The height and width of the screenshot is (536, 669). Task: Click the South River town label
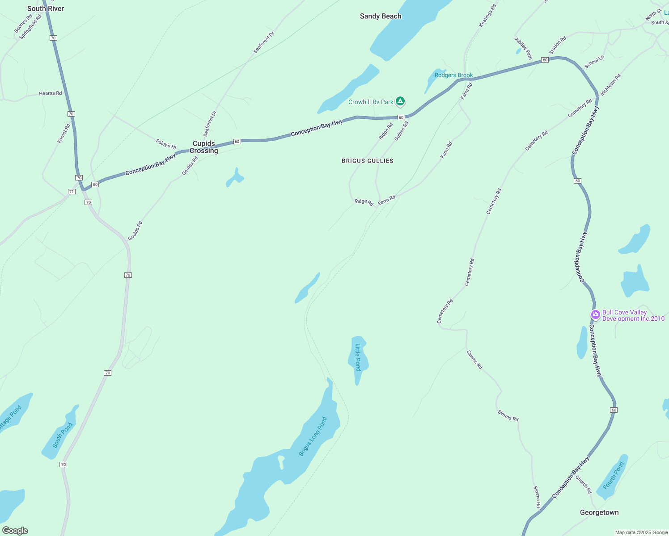click(x=46, y=8)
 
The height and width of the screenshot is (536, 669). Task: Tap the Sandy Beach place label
click(x=381, y=16)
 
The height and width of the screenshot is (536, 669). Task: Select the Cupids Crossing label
click(x=205, y=147)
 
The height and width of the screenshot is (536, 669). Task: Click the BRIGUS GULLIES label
click(x=368, y=161)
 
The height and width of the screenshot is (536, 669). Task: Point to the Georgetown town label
click(x=599, y=512)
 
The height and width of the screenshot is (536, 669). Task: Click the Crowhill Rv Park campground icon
click(x=401, y=101)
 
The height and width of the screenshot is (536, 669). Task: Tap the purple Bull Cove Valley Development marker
click(x=595, y=315)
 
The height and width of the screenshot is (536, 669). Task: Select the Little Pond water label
click(x=358, y=357)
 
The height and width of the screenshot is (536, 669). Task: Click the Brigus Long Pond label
click(x=313, y=436)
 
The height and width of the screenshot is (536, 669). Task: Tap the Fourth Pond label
click(x=613, y=476)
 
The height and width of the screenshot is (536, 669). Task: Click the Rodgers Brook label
click(x=453, y=75)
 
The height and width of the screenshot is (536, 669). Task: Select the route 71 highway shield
click(x=72, y=192)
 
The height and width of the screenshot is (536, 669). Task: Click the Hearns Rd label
click(x=50, y=93)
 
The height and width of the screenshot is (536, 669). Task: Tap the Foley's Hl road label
click(x=166, y=144)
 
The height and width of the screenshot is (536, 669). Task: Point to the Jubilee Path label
click(x=523, y=48)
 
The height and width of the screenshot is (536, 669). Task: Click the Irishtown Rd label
click(x=610, y=84)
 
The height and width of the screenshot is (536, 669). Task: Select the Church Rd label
click(x=584, y=485)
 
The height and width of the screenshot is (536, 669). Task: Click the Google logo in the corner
click(x=15, y=531)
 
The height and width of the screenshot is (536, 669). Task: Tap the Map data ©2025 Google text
click(x=641, y=532)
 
